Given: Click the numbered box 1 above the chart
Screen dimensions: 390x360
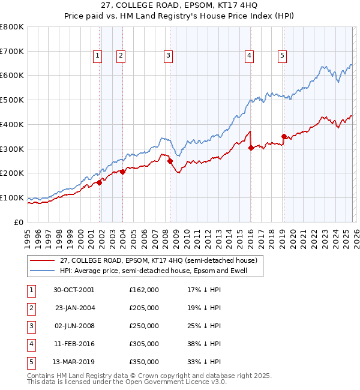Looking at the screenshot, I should tap(97, 56).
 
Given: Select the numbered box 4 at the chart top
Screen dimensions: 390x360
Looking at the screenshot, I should tap(248, 56).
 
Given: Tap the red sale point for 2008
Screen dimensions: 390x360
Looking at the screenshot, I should tap(170, 161).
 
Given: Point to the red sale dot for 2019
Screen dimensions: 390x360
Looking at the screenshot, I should tap(284, 136).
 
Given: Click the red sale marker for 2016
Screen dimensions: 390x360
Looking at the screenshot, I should tap(251, 148).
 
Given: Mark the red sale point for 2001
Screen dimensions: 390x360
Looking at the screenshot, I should tap(100, 182).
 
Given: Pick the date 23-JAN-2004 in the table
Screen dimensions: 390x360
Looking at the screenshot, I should tap(74, 308).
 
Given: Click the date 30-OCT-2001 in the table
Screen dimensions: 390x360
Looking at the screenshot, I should tap(74, 290).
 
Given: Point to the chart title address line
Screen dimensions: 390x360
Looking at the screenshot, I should tap(180, 7).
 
